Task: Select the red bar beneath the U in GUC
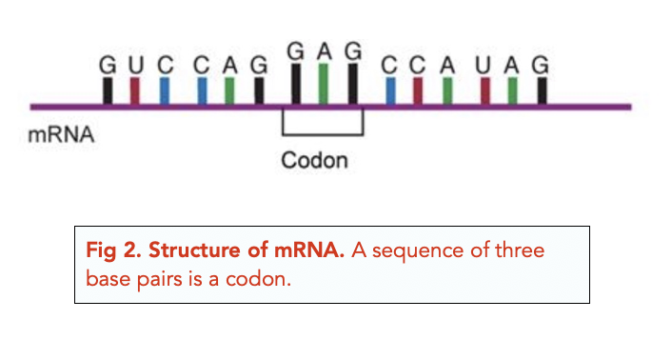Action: (135, 90)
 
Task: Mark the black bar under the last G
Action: (542, 90)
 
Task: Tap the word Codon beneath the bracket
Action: (314, 160)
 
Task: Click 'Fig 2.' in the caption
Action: (109, 254)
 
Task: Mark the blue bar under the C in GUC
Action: (165, 90)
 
